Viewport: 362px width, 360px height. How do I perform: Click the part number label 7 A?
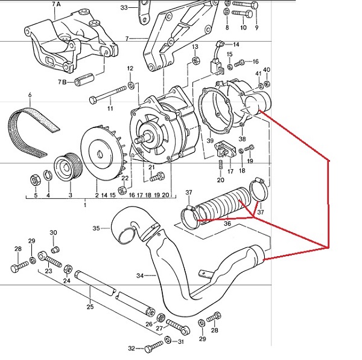pos(57,4)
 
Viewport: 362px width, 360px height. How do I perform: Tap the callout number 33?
pos(124,8)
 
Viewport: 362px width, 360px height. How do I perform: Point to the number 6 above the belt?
pos(30,95)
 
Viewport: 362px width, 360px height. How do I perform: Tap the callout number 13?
pos(195,47)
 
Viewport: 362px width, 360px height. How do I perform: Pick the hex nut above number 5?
pos(35,179)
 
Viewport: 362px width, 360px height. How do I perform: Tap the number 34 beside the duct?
pos(140,276)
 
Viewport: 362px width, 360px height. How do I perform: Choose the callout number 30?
pos(53,233)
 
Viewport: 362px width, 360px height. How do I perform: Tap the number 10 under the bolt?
pos(244,28)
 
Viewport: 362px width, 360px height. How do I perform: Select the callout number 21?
pos(151,167)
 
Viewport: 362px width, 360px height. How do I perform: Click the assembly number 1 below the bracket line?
pos(84,206)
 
